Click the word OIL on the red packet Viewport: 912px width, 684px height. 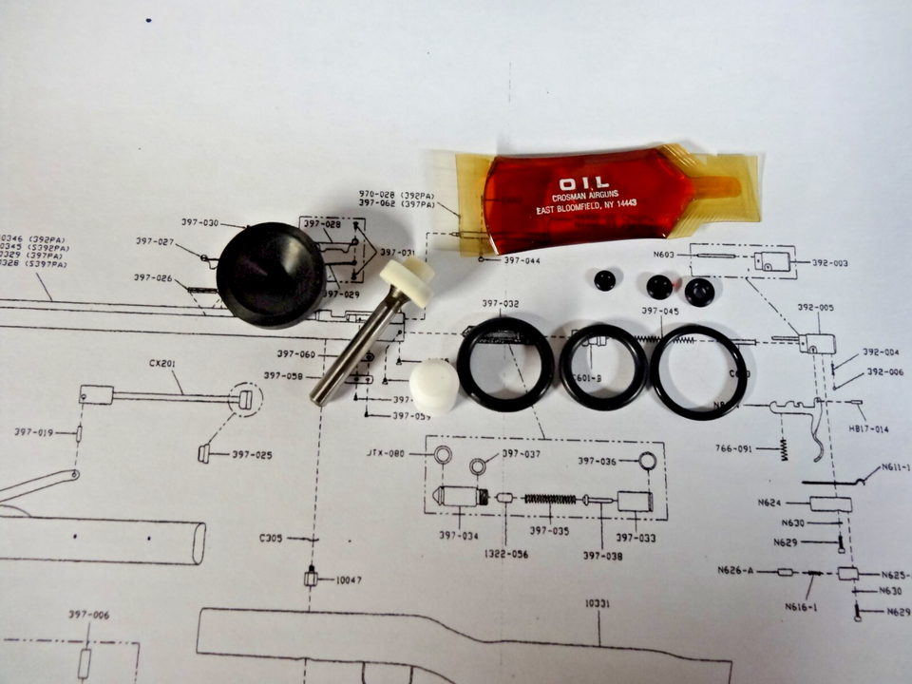(x=579, y=183)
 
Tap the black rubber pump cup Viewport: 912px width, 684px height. (x=270, y=275)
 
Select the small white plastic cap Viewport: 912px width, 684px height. (x=434, y=387)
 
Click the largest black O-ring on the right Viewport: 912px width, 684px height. (x=697, y=371)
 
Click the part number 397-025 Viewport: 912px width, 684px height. (x=251, y=455)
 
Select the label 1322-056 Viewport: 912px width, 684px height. (x=505, y=553)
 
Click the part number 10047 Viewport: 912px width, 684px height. (x=348, y=579)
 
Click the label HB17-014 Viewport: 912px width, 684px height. (x=868, y=429)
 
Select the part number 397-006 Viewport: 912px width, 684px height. (x=88, y=615)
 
